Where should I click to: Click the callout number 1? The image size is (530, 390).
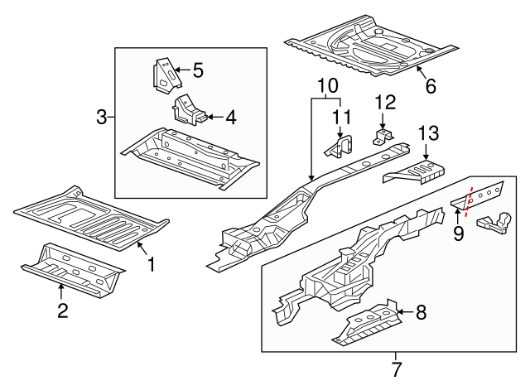152,265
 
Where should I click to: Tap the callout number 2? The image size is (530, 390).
61,311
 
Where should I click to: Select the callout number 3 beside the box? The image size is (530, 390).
102,117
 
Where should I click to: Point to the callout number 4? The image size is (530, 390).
230,118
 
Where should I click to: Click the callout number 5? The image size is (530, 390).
198,70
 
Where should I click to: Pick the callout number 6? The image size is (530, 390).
430,85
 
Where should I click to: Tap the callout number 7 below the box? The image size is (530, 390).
397,368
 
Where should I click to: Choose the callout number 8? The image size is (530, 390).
421,312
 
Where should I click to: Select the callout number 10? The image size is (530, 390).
327,84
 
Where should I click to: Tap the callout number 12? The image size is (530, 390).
386,103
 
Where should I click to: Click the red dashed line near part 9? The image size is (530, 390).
469,203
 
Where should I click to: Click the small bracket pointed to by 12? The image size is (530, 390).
383,136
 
